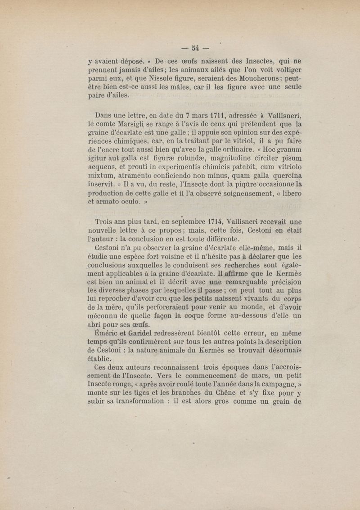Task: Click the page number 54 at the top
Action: click(195, 48)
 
